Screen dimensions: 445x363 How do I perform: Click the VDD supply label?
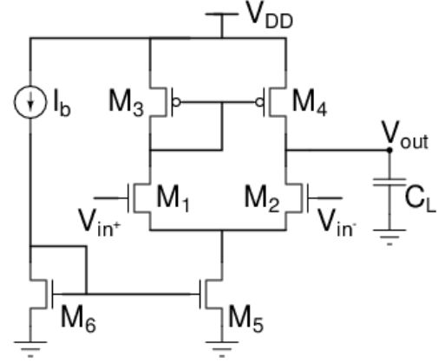click(x=271, y=17)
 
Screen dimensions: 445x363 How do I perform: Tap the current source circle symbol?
click(x=30, y=102)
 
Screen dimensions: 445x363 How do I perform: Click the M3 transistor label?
click(x=126, y=103)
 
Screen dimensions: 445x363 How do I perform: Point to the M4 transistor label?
click(x=310, y=103)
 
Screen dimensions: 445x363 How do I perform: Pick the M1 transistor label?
click(x=173, y=199)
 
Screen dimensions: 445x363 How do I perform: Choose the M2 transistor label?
click(x=262, y=199)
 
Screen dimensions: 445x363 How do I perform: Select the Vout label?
click(x=405, y=135)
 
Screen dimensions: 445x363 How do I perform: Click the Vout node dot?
click(x=389, y=150)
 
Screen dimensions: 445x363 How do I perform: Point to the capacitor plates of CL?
click(x=389, y=182)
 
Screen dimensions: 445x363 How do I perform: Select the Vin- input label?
click(x=337, y=223)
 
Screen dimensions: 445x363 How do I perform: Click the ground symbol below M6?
click(x=30, y=349)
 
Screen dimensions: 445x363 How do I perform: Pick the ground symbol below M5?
click(x=222, y=349)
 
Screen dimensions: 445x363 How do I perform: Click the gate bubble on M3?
click(x=176, y=102)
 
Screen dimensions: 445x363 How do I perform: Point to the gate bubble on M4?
click(x=259, y=102)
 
